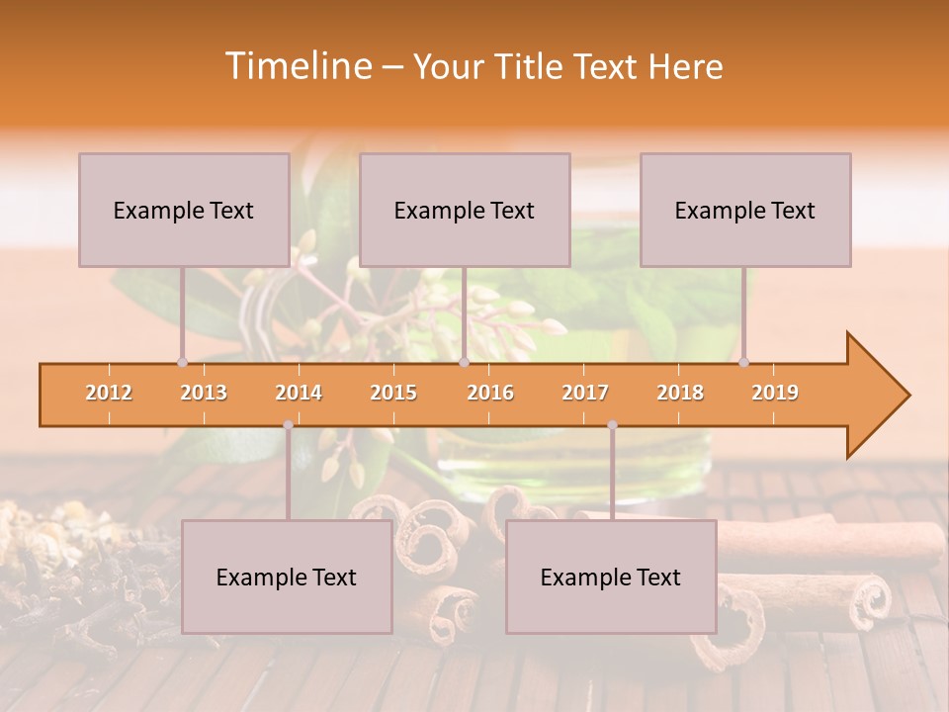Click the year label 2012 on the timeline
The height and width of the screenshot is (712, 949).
(109, 393)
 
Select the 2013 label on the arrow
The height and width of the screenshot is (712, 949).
(204, 393)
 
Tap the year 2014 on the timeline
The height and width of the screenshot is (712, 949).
(299, 393)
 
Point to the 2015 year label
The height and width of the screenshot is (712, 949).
(393, 393)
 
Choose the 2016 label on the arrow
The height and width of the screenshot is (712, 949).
(490, 393)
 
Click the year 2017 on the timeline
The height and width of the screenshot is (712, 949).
(585, 393)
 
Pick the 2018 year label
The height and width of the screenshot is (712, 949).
(680, 393)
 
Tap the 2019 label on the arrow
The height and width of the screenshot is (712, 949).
(775, 393)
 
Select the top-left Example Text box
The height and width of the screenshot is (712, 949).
(184, 210)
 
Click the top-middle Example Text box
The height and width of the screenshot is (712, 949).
(465, 210)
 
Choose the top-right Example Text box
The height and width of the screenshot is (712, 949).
(745, 210)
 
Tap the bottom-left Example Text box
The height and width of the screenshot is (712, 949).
(287, 577)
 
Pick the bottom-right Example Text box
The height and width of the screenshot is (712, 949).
(611, 577)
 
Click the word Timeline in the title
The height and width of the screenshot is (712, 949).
(297, 66)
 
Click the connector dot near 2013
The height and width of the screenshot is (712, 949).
(182, 362)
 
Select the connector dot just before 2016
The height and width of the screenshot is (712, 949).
(464, 362)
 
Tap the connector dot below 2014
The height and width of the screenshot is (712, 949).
(288, 425)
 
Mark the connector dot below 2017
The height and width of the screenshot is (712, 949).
(612, 425)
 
